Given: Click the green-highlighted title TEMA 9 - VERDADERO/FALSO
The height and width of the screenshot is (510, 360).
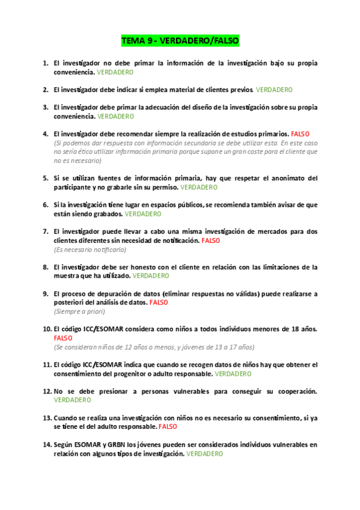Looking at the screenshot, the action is (x=180, y=41).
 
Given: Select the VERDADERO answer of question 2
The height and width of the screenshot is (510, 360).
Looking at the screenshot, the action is (x=274, y=90).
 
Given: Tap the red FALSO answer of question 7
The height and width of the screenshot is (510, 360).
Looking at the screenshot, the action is (x=211, y=241).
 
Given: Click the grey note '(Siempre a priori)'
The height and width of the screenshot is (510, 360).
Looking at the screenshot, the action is (x=79, y=312).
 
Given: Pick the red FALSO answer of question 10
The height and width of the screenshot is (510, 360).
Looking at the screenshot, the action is (x=63, y=338).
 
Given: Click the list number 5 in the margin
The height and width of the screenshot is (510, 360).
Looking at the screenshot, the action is (x=46, y=179).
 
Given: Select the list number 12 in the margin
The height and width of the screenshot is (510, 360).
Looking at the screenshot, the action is (x=46, y=391).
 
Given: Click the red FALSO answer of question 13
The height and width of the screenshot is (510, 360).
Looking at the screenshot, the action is (x=168, y=426).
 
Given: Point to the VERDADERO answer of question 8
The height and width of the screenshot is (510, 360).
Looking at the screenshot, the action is (x=151, y=276).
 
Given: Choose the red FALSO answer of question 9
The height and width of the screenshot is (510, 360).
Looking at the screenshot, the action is (x=159, y=303).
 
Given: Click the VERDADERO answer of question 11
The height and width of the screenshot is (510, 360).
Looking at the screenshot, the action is (x=233, y=373).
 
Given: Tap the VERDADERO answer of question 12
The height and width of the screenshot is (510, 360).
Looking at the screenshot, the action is (x=73, y=400).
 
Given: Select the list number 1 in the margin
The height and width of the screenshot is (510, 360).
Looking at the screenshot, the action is (x=46, y=63).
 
